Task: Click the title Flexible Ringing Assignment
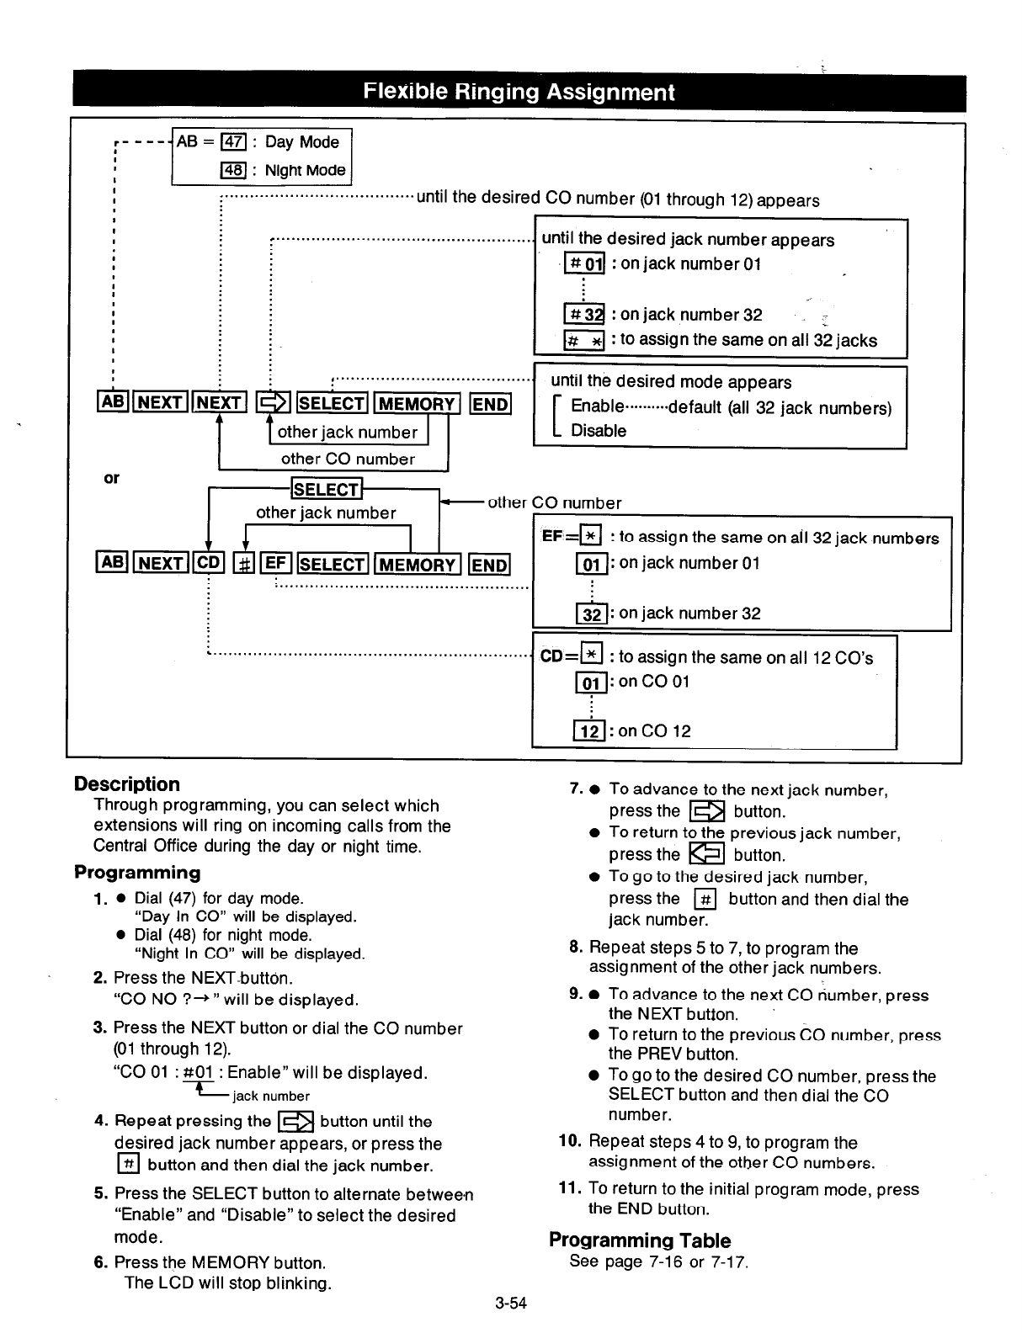pyautogui.click(x=519, y=93)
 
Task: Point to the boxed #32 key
pyautogui.click(x=583, y=316)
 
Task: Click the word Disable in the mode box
pyautogui.click(x=599, y=431)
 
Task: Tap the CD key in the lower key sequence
pyautogui.click(x=208, y=564)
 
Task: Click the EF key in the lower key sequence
pyautogui.click(x=277, y=564)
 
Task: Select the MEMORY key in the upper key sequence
pyautogui.click(x=416, y=404)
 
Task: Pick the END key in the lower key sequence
pyautogui.click(x=489, y=564)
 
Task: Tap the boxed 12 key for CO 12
pyautogui.click(x=590, y=731)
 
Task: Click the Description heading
pyautogui.click(x=127, y=784)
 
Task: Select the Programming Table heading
pyautogui.click(x=640, y=1240)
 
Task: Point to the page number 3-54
pyautogui.click(x=511, y=1304)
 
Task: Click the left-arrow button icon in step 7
pyautogui.click(x=706, y=855)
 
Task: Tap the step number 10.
pyautogui.click(x=570, y=1142)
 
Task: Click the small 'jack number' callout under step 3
pyautogui.click(x=270, y=1097)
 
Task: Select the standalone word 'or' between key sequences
pyautogui.click(x=111, y=478)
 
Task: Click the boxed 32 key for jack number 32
pyautogui.click(x=592, y=613)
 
